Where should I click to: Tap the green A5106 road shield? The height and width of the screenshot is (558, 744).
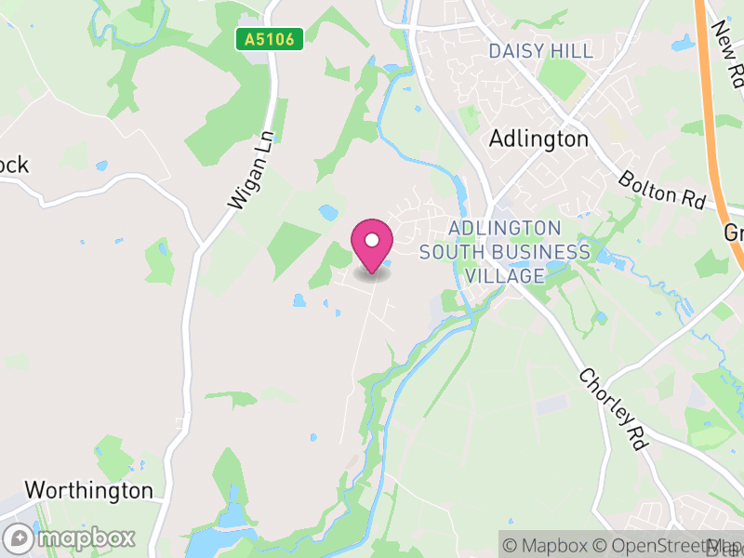269,40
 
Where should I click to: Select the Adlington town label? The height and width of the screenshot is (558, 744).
538,139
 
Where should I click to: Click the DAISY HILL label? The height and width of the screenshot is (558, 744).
540,51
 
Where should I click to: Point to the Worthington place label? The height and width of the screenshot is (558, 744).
88,490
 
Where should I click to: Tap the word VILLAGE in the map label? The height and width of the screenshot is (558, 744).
505,276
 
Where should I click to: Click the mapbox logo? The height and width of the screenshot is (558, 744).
70,538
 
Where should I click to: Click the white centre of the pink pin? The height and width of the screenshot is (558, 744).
372,239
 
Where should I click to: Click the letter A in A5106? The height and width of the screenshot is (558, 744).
248,40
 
